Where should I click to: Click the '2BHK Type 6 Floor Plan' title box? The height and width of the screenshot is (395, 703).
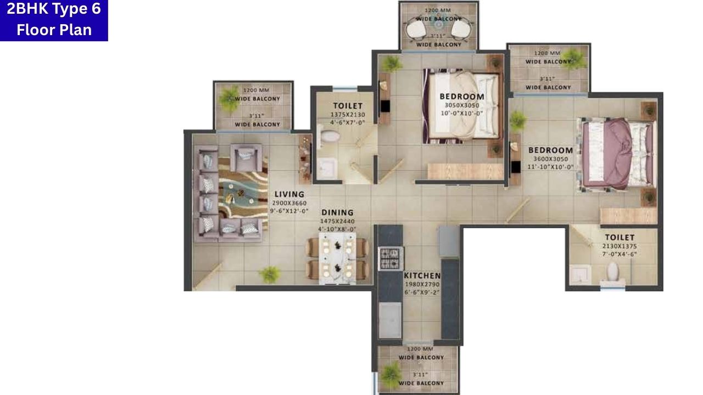pos(54,20)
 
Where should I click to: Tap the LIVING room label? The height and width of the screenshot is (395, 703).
pos(289,194)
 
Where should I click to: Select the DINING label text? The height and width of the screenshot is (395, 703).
pos(337,212)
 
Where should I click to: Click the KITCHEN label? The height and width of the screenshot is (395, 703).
pos(422,275)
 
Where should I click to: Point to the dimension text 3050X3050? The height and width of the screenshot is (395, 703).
pos(462,105)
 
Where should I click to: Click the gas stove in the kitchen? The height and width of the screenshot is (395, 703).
pos(391,258)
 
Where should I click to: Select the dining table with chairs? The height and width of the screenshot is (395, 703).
pos(337,258)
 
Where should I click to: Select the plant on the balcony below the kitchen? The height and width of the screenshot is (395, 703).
pos(391,375)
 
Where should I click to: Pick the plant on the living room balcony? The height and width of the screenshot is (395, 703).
pos(230,99)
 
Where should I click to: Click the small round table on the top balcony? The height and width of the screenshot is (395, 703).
pos(438,24)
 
